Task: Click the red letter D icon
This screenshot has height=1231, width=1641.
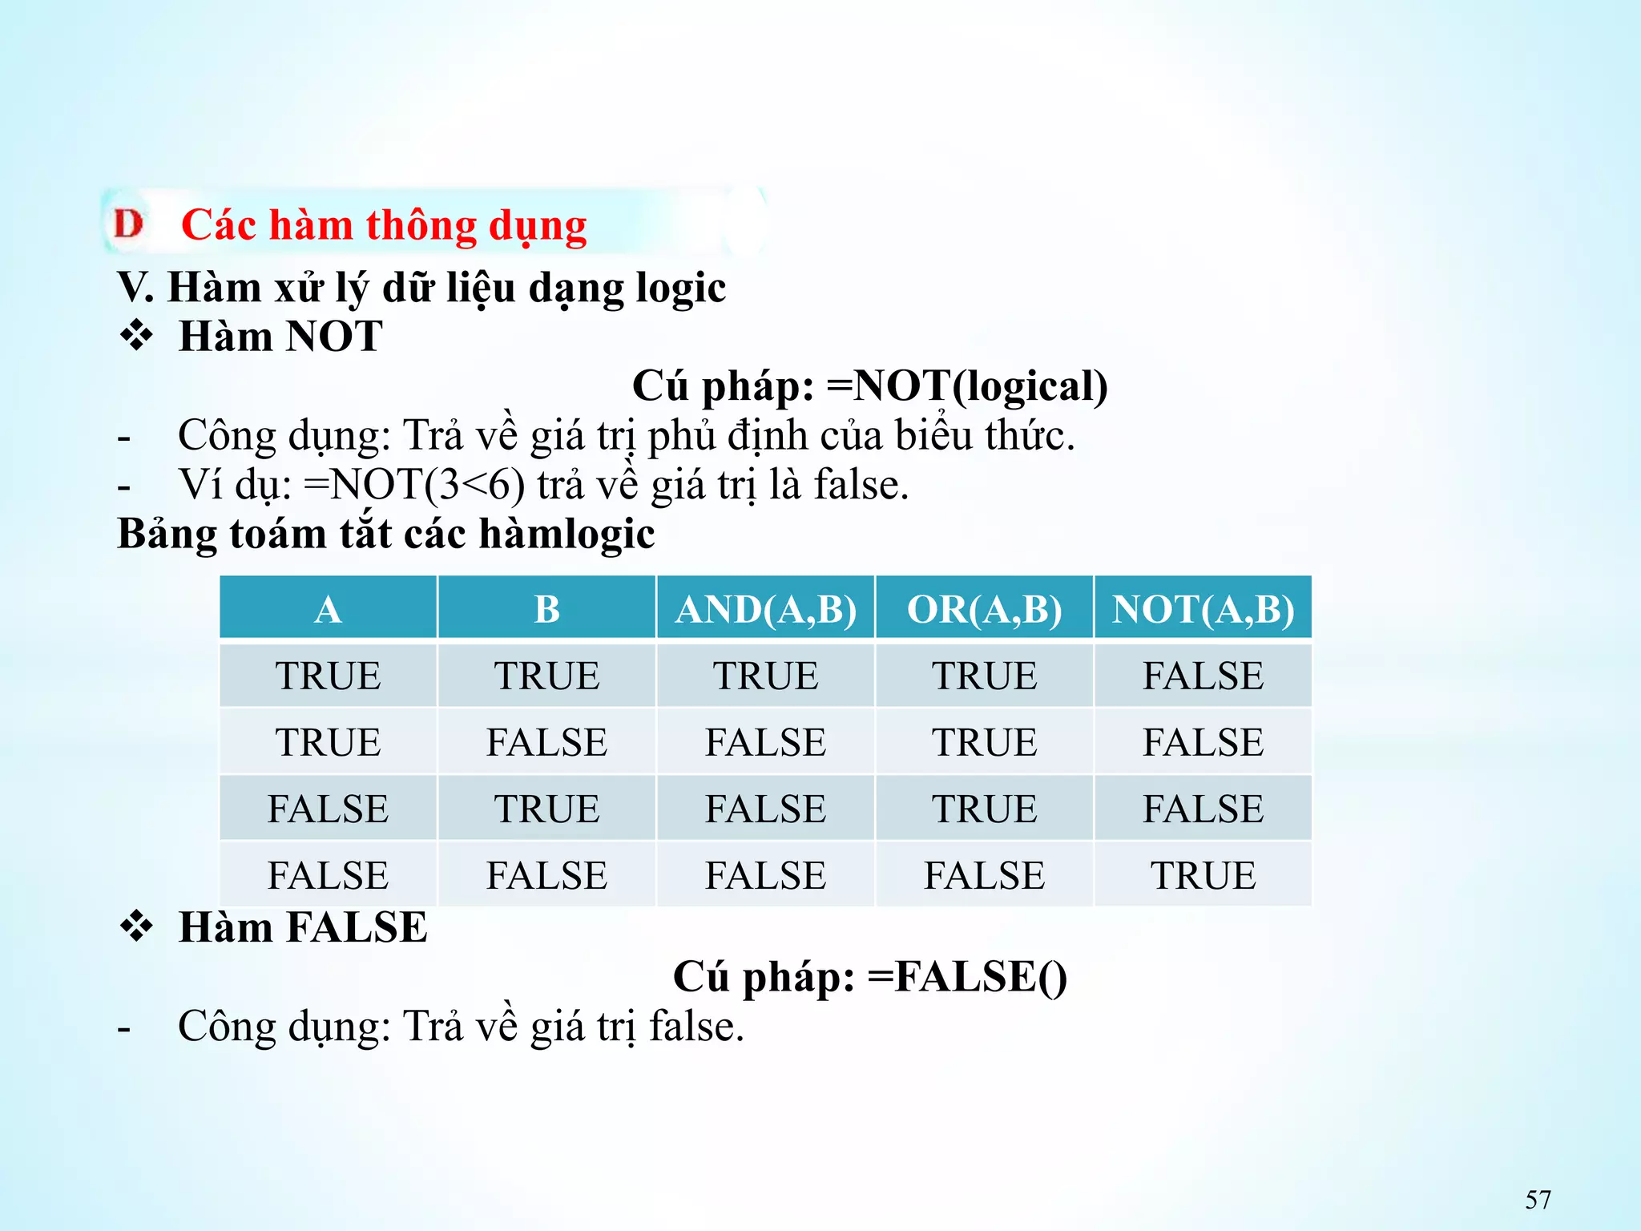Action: click(x=128, y=224)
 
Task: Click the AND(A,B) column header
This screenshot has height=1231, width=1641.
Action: click(x=765, y=609)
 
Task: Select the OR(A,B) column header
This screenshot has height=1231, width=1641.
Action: click(x=984, y=609)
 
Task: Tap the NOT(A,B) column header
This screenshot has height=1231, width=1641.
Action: click(x=1203, y=609)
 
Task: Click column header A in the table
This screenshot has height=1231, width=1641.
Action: click(x=328, y=609)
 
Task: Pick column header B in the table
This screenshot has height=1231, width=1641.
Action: click(x=546, y=609)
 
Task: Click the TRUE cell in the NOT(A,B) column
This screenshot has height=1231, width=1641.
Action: click(x=1203, y=874)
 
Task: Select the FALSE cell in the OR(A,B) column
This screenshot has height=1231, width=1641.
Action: click(x=984, y=874)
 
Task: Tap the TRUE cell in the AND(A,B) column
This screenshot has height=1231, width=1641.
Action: click(x=765, y=676)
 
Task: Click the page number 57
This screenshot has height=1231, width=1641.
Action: click(x=1538, y=1200)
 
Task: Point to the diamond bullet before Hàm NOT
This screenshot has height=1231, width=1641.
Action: click(x=137, y=336)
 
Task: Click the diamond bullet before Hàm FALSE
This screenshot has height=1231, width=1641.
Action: click(x=137, y=927)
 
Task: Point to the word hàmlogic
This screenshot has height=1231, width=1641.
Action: click(x=566, y=534)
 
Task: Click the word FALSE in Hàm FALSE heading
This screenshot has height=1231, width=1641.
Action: click(x=357, y=928)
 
